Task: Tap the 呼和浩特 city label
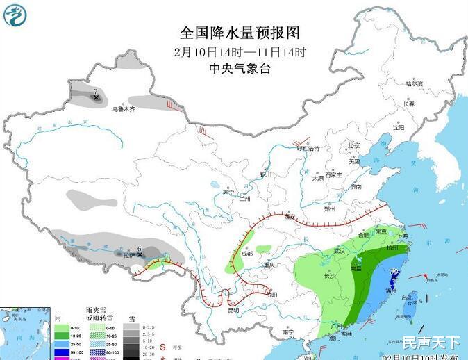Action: [x=308, y=148]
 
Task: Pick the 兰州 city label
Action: [x=244, y=198]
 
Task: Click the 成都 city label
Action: [x=248, y=254]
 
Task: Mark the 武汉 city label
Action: [x=340, y=250]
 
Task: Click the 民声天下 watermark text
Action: [x=431, y=342]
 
